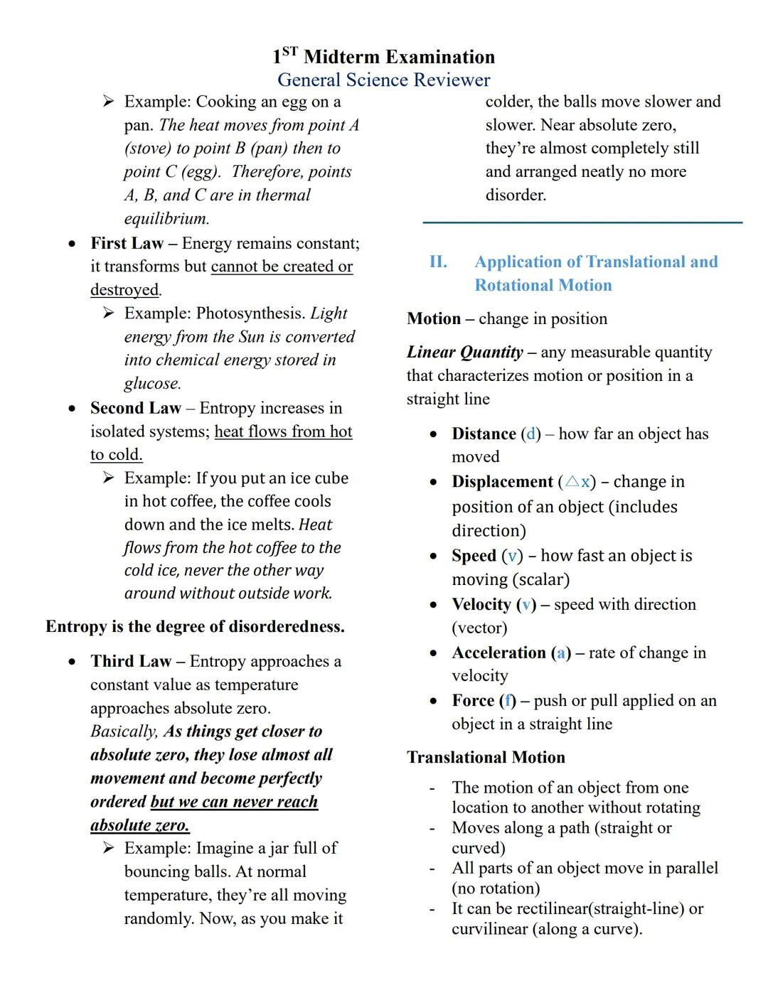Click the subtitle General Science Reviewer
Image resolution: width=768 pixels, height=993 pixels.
[383, 80]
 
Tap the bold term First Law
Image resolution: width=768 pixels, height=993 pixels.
[127, 243]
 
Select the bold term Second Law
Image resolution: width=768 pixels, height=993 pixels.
[135, 408]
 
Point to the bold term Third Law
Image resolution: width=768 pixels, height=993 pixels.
[130, 661]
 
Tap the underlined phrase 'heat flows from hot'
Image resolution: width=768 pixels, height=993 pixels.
[283, 431]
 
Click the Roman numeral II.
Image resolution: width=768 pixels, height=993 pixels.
[438, 262]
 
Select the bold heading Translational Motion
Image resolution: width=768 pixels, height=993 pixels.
[486, 757]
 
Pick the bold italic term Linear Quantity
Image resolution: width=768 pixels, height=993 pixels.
[464, 352]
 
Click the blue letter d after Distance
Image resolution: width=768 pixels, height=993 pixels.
[530, 434]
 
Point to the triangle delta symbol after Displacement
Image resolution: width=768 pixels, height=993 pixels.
[572, 482]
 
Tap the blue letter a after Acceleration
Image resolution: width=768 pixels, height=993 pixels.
[562, 653]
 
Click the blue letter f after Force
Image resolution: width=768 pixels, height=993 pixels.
[508, 701]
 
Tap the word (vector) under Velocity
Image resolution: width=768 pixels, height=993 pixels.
[479, 628]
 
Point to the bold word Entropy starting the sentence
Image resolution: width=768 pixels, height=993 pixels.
[76, 626]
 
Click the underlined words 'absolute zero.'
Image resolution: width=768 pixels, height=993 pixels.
[140, 825]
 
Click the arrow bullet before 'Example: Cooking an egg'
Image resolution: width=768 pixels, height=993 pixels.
[108, 102]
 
